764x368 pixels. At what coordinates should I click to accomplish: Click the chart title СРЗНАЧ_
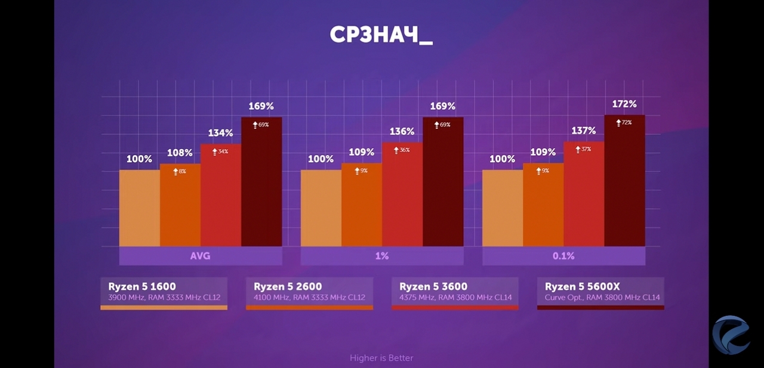tap(381, 35)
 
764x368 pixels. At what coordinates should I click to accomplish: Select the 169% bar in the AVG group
tap(261, 182)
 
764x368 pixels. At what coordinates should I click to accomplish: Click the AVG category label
tap(201, 256)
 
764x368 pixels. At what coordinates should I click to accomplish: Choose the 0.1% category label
tap(563, 256)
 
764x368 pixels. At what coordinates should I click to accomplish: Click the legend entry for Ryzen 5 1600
tap(164, 292)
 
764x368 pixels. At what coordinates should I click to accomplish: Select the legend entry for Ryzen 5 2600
tap(309, 292)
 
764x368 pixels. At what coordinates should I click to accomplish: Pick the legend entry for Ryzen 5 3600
tap(455, 292)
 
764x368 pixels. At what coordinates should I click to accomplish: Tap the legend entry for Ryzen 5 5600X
tap(600, 292)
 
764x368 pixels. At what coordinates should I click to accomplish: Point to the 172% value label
tap(624, 104)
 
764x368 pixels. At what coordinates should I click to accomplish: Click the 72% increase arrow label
tap(624, 122)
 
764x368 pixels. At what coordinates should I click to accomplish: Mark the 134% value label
tap(221, 132)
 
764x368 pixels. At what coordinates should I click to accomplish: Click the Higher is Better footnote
tap(381, 358)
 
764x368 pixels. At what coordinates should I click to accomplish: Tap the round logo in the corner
tap(731, 335)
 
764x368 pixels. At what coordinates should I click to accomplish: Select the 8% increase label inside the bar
tap(180, 171)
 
